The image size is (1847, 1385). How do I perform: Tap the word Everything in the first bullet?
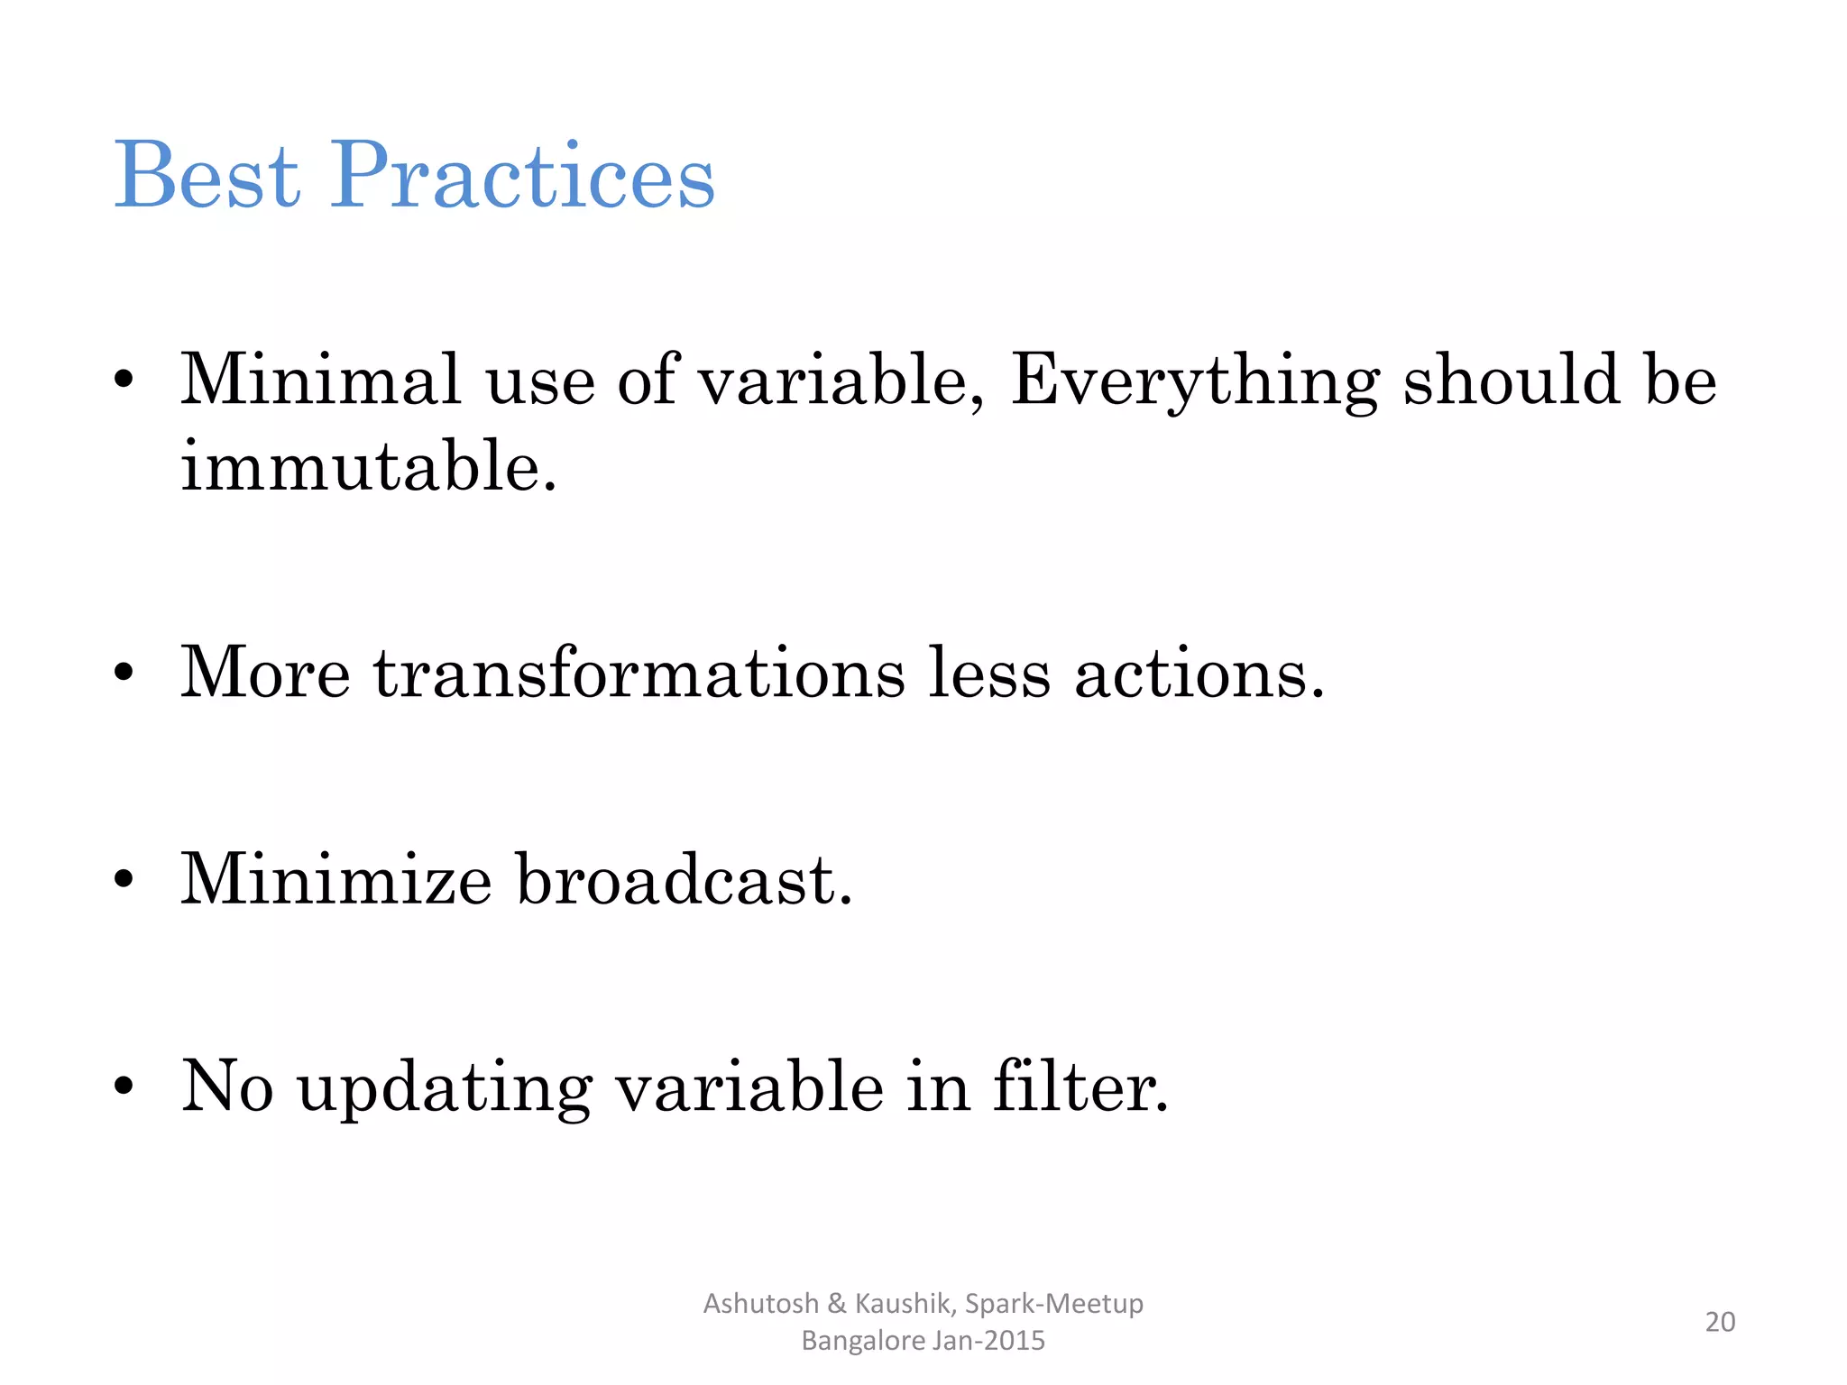1195,381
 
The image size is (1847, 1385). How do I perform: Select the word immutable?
368,467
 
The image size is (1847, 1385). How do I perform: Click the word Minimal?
321,381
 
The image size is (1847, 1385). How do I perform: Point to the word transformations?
639,674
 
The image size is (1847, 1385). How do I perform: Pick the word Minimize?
335,879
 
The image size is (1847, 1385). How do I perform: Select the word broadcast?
684,879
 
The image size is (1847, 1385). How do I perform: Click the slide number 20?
1720,1322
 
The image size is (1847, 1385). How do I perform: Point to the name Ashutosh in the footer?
760,1304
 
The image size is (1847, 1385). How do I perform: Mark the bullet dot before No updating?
124,1085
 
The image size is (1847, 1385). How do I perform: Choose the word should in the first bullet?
1512,381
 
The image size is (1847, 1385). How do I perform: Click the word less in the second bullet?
989,674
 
